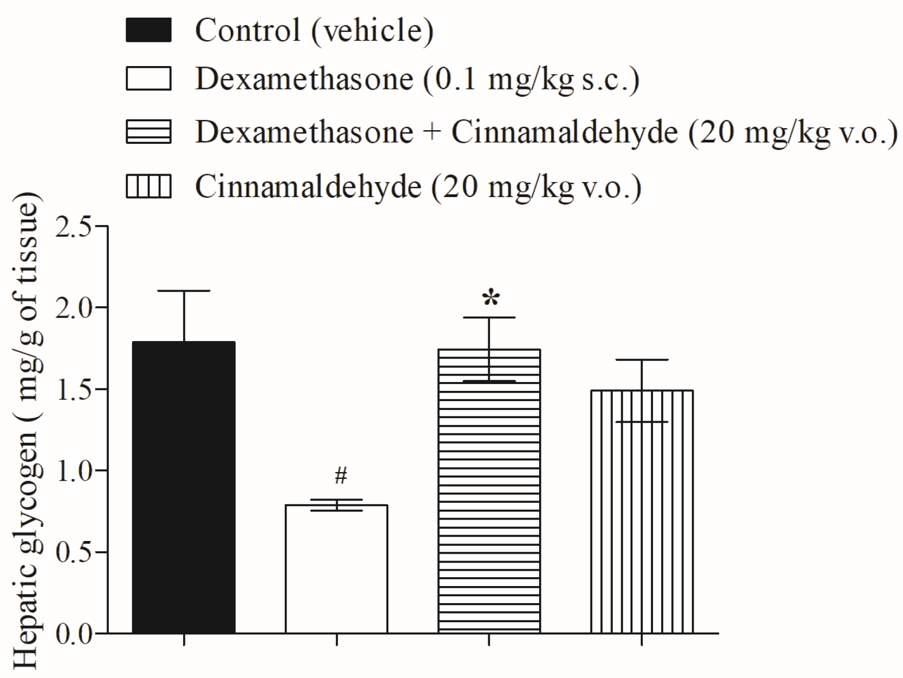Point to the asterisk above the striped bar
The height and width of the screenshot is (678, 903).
tap(491, 298)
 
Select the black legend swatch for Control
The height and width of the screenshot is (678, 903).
tap(149, 30)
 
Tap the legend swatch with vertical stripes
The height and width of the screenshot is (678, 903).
tap(149, 187)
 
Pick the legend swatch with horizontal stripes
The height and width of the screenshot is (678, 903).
tap(149, 132)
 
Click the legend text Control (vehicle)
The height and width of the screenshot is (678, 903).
tap(314, 30)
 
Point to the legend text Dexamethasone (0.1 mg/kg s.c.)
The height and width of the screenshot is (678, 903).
tap(417, 79)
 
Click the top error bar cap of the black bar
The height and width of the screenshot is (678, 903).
tap(184, 291)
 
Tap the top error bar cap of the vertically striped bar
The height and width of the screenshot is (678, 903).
tap(642, 360)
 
